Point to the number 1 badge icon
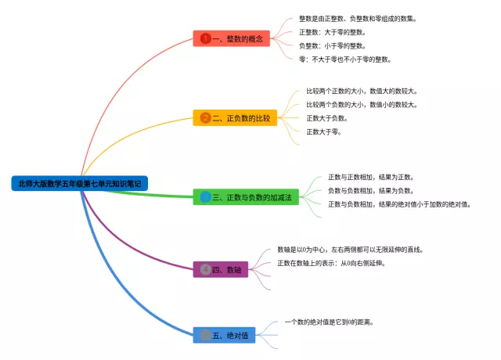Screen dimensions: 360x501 206,38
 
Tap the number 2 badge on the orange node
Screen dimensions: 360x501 206,118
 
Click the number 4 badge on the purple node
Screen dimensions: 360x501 205,269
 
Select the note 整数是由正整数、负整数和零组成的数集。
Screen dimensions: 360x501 358,19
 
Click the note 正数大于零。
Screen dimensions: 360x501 323,131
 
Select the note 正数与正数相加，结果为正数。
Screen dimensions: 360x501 370,177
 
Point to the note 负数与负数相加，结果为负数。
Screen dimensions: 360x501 370,190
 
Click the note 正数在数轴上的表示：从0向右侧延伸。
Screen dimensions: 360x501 331,263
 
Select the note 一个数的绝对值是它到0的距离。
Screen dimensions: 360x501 329,322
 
